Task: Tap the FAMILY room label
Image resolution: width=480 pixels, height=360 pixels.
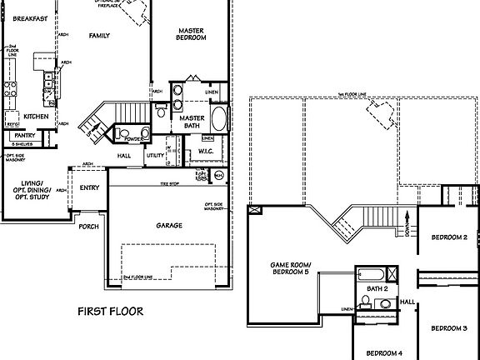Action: click(100, 36)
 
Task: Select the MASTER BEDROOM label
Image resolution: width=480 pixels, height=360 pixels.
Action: click(192, 34)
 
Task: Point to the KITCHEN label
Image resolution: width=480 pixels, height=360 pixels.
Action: click(36, 116)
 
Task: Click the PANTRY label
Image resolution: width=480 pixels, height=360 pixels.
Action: click(24, 134)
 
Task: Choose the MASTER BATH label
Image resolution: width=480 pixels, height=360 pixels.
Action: click(192, 122)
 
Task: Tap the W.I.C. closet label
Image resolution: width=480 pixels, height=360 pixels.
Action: click(206, 152)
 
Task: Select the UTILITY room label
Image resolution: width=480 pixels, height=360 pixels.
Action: click(155, 155)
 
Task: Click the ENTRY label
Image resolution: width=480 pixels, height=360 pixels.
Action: click(89, 187)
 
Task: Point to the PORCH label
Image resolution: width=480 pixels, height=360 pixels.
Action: click(88, 226)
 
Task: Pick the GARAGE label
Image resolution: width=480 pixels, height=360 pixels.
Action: click(169, 225)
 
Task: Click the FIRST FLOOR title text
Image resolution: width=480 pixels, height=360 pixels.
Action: click(110, 312)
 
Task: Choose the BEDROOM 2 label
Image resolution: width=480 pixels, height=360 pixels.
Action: click(448, 237)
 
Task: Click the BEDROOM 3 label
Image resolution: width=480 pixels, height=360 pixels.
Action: click(448, 328)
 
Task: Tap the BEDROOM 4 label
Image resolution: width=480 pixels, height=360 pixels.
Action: click(385, 352)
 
